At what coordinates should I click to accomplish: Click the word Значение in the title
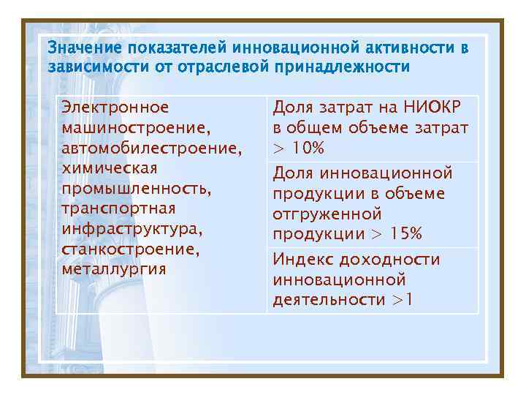[85, 48]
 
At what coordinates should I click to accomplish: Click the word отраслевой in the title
[221, 67]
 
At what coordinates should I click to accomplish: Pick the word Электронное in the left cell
[115, 108]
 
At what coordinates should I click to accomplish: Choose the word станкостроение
[131, 249]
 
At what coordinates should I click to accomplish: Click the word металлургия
[114, 269]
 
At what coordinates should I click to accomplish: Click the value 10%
[308, 148]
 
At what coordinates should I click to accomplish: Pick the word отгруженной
[327, 214]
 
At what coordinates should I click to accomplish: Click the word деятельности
[328, 300]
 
